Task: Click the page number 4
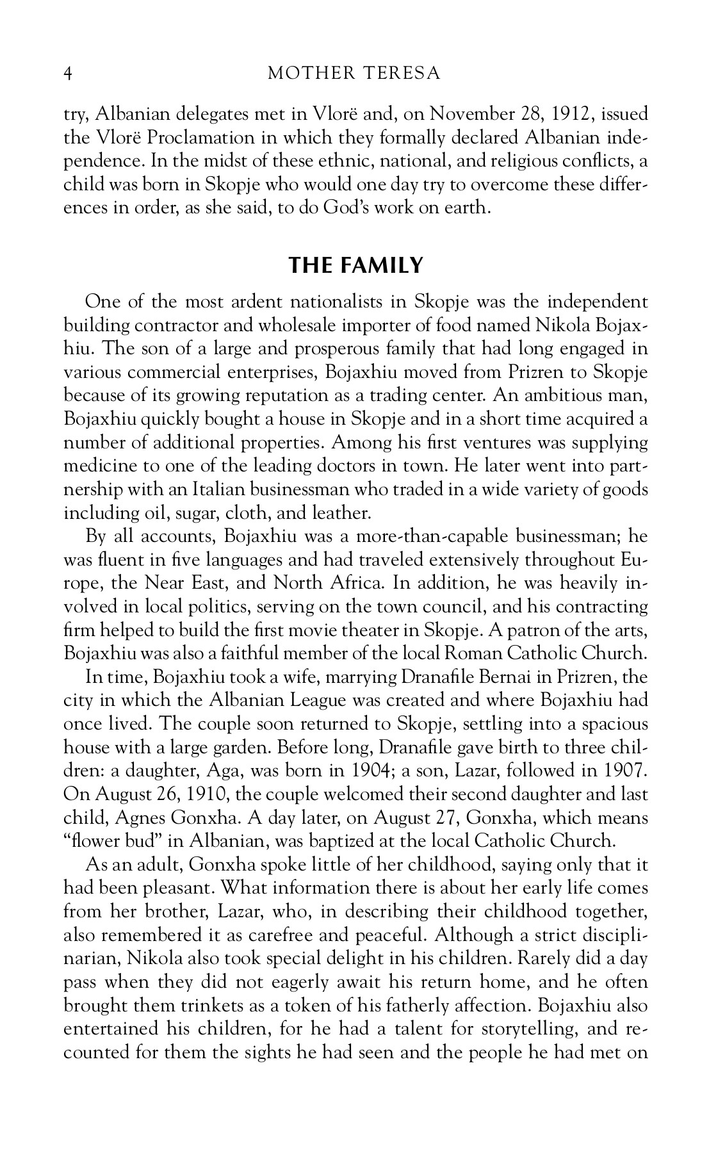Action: (x=68, y=74)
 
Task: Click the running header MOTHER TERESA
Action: (x=354, y=74)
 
